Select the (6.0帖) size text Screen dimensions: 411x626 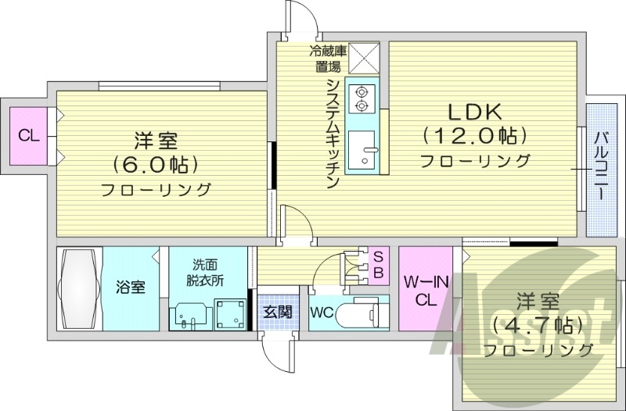(x=155, y=164)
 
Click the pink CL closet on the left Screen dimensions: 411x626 (x=28, y=136)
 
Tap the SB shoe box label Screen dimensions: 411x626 (x=377, y=264)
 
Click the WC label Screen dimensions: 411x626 (x=323, y=313)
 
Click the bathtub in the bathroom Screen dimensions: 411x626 (x=79, y=288)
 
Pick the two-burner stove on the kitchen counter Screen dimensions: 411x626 (x=362, y=97)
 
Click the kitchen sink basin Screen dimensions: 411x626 (x=362, y=150)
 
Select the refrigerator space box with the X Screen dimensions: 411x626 (x=364, y=56)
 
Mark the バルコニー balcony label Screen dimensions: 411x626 (x=600, y=165)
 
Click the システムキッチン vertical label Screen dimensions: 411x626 (x=332, y=133)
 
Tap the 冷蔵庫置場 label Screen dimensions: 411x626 (x=326, y=59)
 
